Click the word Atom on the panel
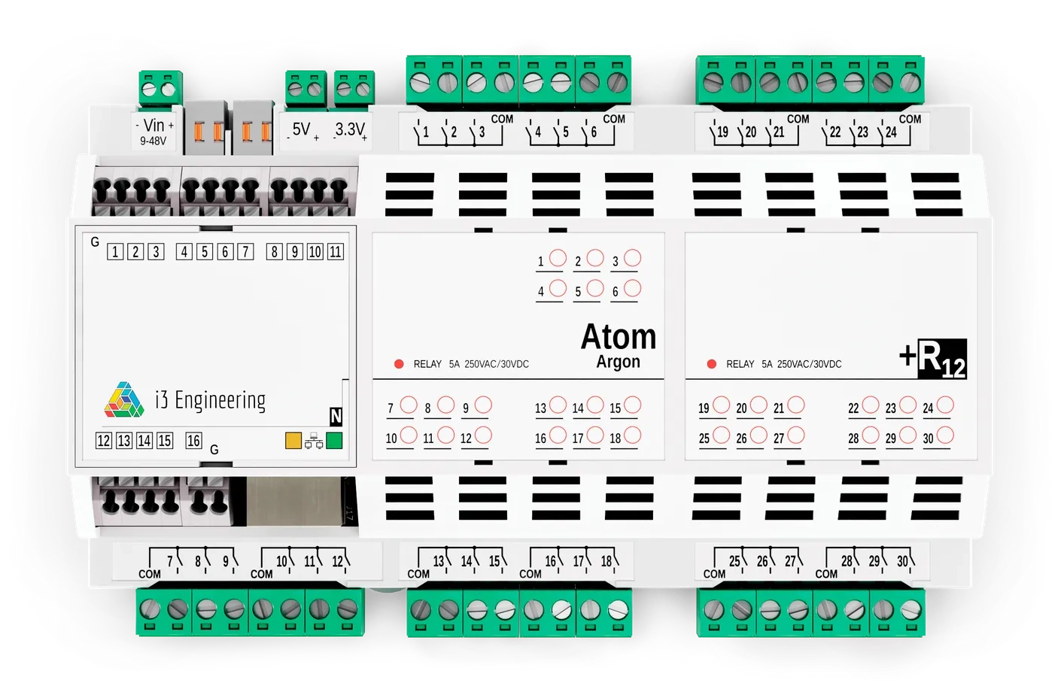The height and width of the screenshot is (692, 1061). click(618, 337)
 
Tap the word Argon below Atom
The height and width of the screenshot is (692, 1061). click(618, 362)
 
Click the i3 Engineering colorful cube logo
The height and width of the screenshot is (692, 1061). click(124, 400)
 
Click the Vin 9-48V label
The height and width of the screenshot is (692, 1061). click(154, 131)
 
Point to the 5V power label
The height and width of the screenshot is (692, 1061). click(302, 130)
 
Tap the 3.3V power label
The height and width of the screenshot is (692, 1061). click(350, 130)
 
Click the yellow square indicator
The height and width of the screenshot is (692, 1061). click(293, 441)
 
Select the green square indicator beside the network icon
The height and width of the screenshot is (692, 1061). click(334, 441)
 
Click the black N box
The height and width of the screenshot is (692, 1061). click(336, 416)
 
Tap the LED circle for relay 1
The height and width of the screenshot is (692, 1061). click(558, 258)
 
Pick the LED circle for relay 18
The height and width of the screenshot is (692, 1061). click(632, 435)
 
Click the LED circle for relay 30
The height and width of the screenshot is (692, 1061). click(945, 435)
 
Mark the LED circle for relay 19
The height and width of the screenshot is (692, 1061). click(721, 405)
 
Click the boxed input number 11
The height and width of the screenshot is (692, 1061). click(336, 252)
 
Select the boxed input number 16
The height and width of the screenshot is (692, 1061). click(193, 441)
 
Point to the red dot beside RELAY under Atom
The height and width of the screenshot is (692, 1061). click(399, 364)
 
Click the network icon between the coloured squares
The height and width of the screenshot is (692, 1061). click(314, 442)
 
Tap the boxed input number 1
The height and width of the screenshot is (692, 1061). click(115, 252)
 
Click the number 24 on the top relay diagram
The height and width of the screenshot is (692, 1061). click(891, 132)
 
